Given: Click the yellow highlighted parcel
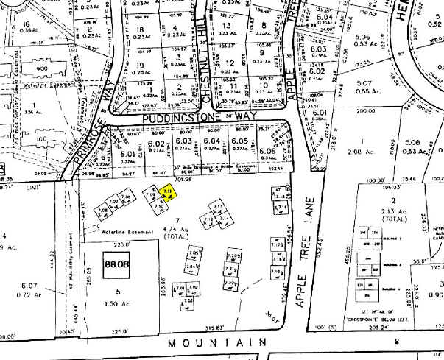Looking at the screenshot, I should (x=166, y=192).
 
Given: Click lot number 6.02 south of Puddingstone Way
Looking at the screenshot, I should (x=156, y=144).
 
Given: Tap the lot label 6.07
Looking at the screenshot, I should (x=29, y=285).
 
